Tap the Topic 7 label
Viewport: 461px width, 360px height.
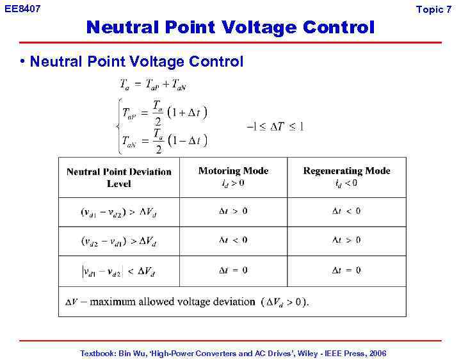(433, 9)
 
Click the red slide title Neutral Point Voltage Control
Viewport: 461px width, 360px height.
(230, 28)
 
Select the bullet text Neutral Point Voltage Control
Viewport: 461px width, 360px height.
(136, 61)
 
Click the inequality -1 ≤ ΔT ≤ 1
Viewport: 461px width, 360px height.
(275, 126)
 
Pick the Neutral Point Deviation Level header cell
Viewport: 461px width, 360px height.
(119, 177)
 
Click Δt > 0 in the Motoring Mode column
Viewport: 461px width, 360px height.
(233, 211)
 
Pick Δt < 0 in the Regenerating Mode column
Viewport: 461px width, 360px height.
(346, 211)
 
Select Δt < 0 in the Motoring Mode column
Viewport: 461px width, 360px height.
(233, 240)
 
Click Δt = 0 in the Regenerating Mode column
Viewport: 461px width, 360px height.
(346, 270)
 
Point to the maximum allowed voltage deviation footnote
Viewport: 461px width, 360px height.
(187, 302)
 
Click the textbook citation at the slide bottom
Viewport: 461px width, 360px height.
(233, 353)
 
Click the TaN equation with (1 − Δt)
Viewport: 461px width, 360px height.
(165, 141)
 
